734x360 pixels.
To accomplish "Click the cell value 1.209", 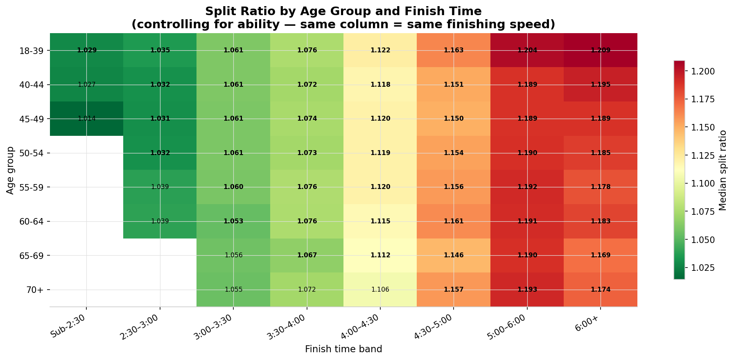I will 600,51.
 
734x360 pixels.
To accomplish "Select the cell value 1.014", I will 86,119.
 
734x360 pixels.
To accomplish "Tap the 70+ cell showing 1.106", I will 380,290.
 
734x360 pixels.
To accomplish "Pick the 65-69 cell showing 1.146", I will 453,255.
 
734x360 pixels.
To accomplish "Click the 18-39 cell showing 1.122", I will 380,51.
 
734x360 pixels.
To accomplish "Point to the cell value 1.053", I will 233,221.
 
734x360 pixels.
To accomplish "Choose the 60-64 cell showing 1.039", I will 160,221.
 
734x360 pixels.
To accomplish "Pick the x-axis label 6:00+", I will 589,321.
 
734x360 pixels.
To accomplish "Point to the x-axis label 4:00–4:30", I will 360,327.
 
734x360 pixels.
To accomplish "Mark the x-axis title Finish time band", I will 343,349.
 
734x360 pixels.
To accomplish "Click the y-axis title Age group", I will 10,170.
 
